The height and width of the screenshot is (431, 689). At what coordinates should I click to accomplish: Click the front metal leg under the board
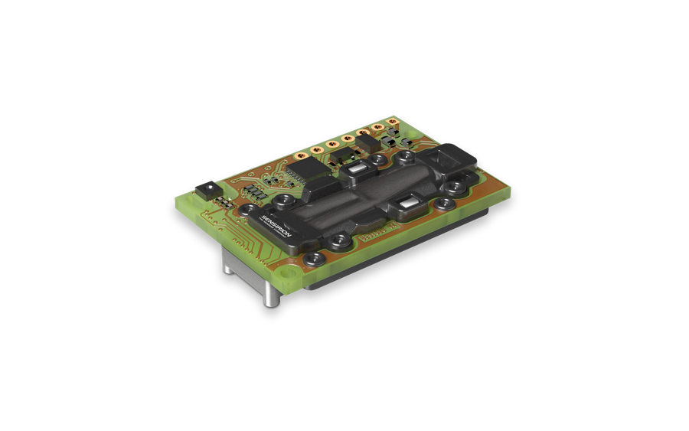click(x=271, y=294)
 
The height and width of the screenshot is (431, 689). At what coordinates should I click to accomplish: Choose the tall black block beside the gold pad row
click(x=368, y=143)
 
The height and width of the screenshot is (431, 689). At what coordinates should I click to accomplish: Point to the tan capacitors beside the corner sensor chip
click(x=223, y=201)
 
